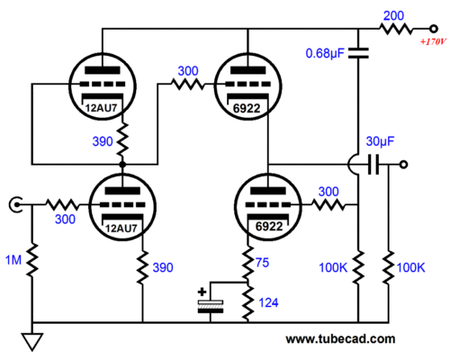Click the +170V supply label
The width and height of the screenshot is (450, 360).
433,41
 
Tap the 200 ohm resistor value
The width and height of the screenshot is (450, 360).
393,15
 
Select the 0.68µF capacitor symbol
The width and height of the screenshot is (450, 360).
358,53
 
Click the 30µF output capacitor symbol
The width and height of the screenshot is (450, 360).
373,165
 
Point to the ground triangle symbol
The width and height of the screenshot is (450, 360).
32,342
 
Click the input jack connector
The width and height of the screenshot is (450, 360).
15,205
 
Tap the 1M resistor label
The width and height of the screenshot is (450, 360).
13,260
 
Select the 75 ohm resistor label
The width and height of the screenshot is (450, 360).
262,263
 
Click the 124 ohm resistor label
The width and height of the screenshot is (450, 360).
268,302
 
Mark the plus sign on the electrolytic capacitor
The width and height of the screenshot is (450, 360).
202,292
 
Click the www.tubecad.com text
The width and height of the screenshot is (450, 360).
340,339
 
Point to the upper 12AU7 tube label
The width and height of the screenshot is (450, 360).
101,108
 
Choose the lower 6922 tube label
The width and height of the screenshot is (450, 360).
269,226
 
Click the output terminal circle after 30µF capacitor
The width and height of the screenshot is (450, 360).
404,165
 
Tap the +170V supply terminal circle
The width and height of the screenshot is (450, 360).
433,29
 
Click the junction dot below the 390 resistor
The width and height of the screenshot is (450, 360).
122,165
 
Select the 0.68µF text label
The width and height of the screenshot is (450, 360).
325,53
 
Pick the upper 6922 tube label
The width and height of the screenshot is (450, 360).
247,108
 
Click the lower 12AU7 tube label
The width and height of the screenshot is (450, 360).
121,229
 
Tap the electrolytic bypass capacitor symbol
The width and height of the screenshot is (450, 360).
211,306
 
